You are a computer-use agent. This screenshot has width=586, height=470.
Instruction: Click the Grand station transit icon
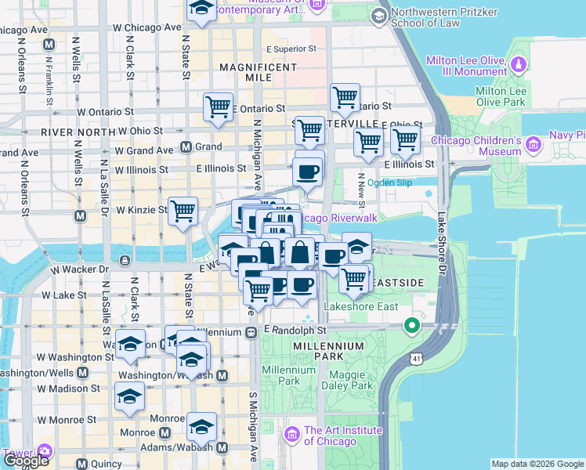tap(186, 146)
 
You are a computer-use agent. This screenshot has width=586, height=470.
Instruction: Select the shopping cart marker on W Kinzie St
tap(183, 211)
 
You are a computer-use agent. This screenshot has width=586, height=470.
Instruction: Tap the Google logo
tap(26, 460)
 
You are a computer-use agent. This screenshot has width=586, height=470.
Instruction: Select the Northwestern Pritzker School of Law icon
tap(379, 16)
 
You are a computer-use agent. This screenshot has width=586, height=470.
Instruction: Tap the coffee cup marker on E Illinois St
tap(308, 172)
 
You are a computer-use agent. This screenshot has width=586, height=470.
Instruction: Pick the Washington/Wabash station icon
tap(222, 376)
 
